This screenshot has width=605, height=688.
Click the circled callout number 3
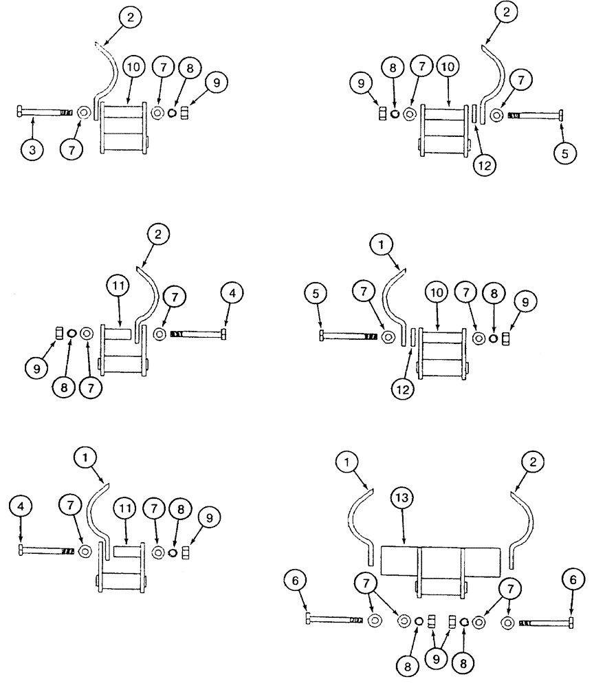[x=33, y=149]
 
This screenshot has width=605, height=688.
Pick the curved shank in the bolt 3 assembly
[x=107, y=76]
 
